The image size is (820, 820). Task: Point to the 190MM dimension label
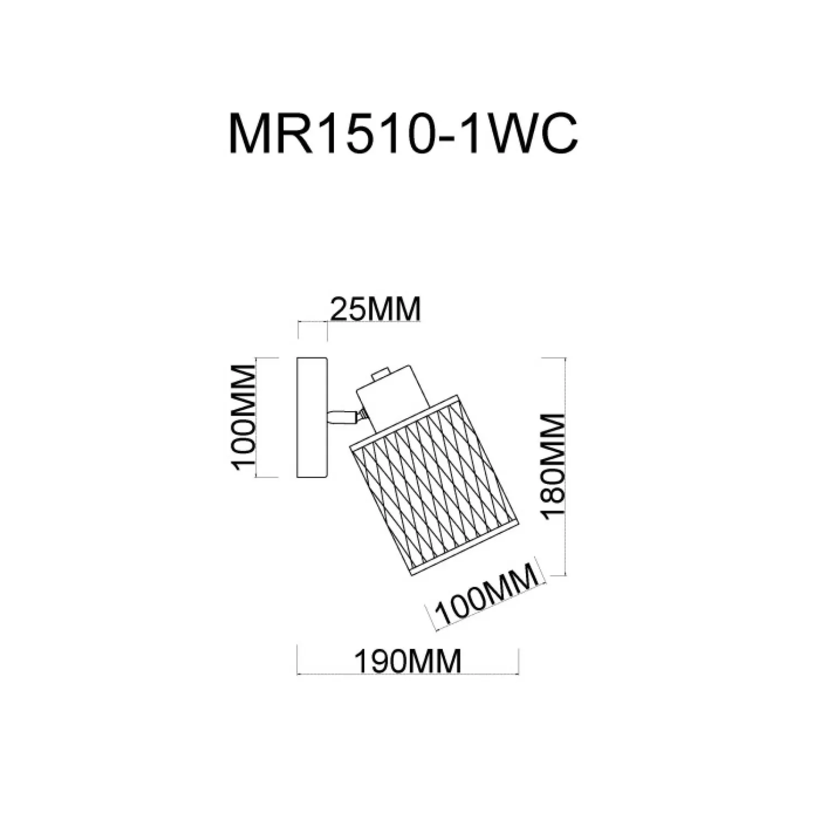click(x=408, y=661)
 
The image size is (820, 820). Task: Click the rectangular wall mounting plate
click(x=312, y=418)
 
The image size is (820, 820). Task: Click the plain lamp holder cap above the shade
click(x=389, y=394)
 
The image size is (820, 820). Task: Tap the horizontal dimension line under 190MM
click(x=408, y=674)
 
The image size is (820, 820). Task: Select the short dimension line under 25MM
click(x=312, y=322)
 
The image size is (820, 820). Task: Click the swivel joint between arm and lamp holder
click(x=361, y=417)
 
